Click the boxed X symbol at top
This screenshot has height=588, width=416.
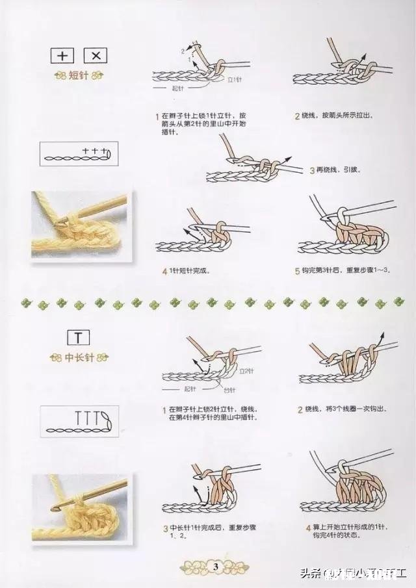click(96, 56)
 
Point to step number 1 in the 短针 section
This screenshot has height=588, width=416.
click(157, 117)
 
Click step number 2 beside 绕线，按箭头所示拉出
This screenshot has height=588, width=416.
click(296, 116)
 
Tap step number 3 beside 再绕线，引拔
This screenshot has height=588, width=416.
click(312, 170)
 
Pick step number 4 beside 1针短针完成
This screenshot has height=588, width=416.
click(165, 270)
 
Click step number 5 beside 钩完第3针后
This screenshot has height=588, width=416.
click(296, 270)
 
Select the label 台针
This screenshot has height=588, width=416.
click(229, 390)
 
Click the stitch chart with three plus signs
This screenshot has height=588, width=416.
click(77, 155)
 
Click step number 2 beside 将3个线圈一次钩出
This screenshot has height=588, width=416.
click(300, 410)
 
